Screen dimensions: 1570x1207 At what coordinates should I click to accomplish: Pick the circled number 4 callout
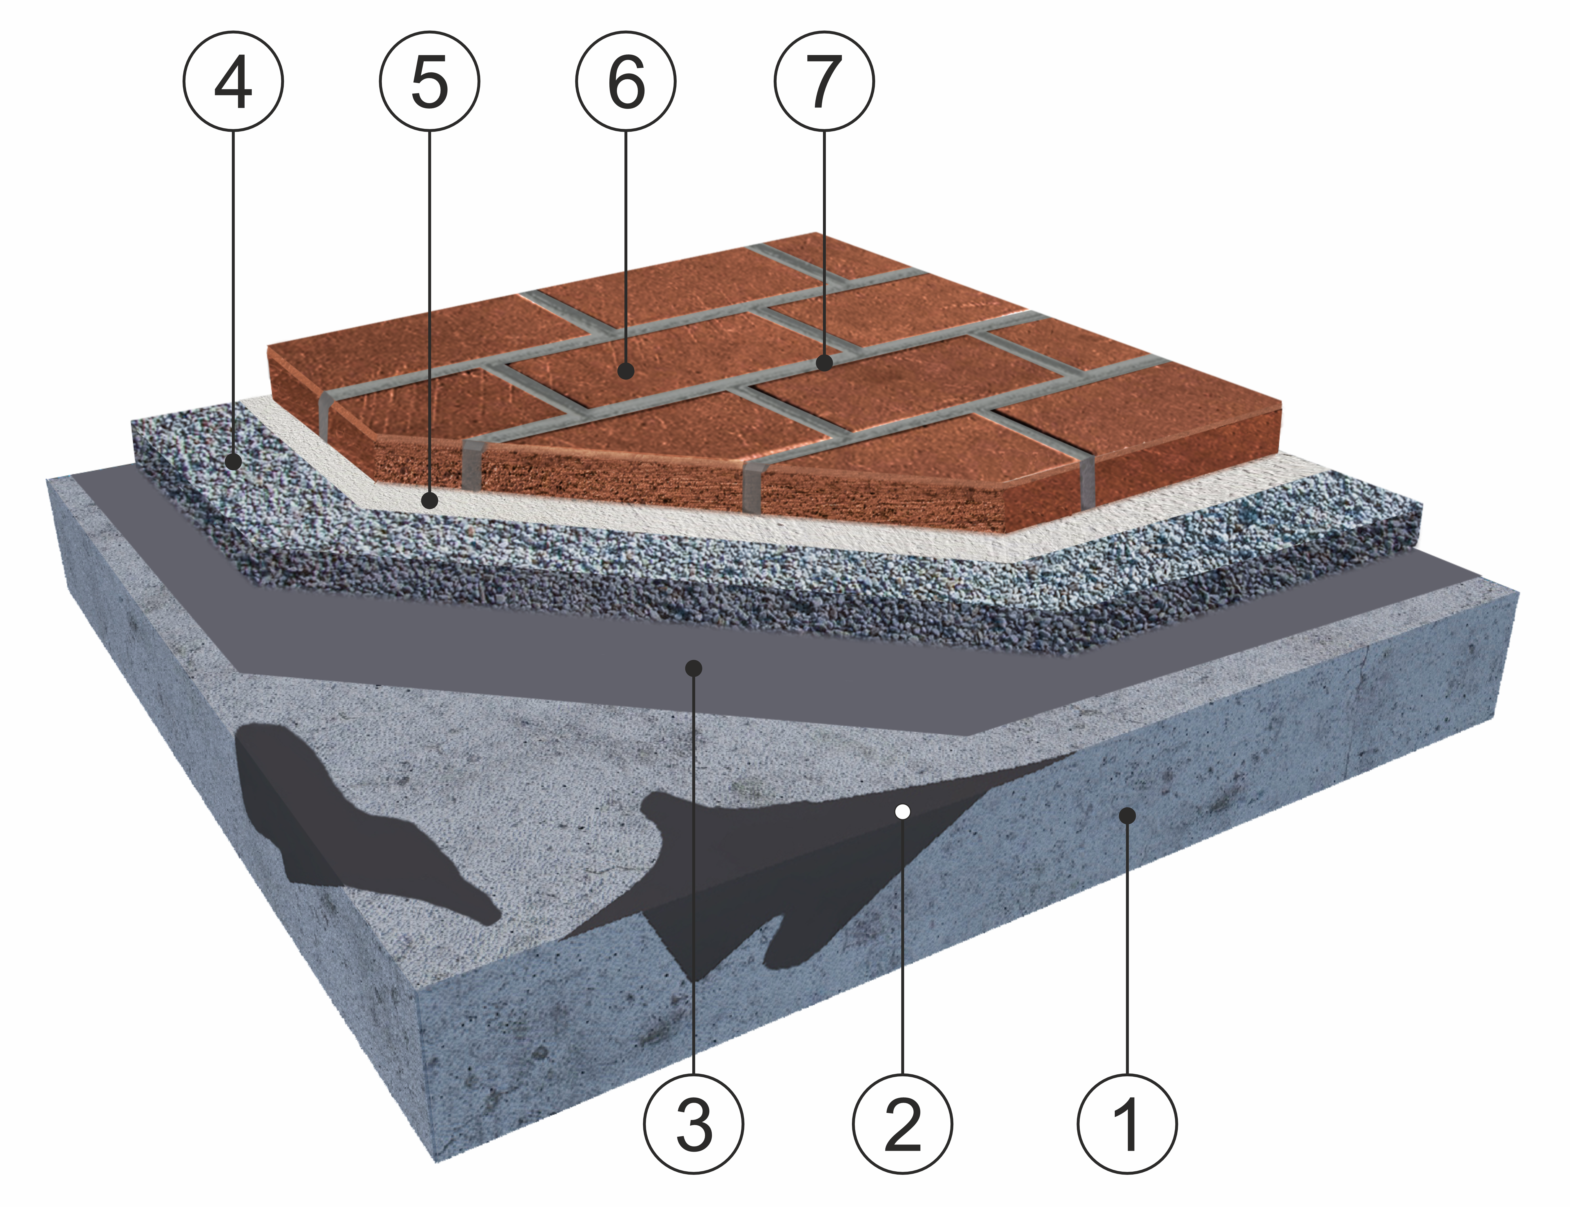234,82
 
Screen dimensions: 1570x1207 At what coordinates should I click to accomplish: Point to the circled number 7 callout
824,82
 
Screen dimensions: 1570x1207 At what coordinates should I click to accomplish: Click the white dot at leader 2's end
903,812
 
